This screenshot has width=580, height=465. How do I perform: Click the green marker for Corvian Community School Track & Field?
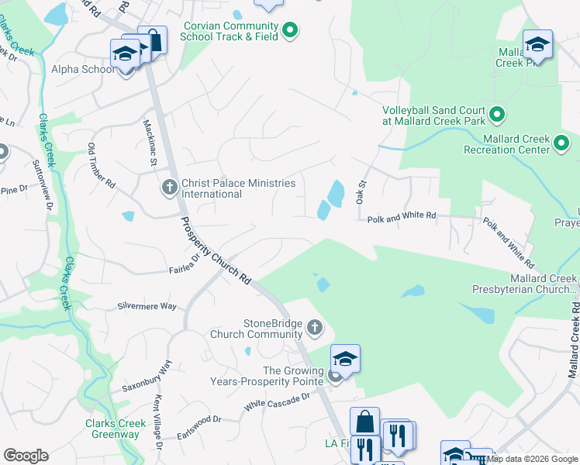coord(290,30)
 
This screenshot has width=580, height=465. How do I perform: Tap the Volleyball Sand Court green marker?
coord(498,115)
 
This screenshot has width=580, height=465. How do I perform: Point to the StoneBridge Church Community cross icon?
coord(315,328)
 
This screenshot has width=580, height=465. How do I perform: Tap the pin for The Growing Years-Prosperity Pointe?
coord(335,376)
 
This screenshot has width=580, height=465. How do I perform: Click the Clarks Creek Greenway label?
coord(112,429)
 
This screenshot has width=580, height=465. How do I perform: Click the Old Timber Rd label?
coord(102,167)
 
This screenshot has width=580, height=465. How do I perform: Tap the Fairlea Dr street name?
coord(186,267)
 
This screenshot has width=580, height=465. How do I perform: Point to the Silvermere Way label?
coord(147,306)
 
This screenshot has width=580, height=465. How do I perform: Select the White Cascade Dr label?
coord(277,401)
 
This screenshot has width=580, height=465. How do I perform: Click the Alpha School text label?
coord(82,69)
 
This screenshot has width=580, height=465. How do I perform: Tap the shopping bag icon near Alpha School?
coord(153,40)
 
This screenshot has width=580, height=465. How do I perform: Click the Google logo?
coord(26,456)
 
